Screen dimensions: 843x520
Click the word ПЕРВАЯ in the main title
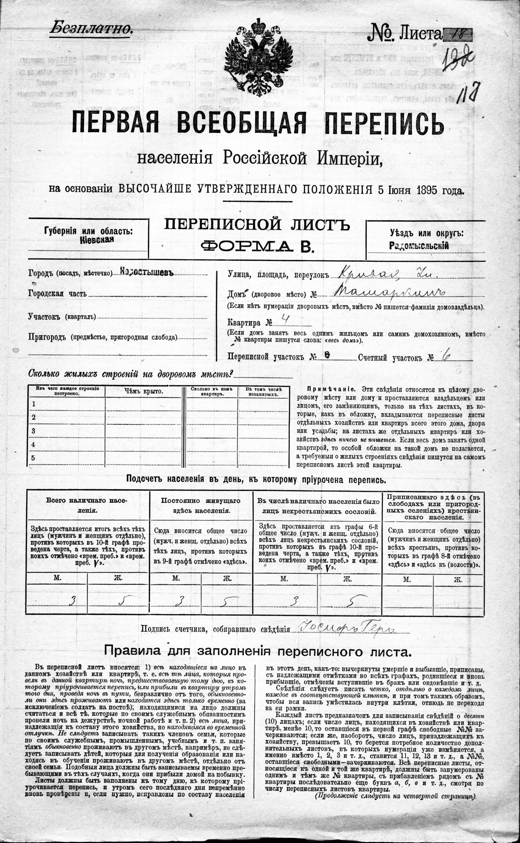[x=115, y=123]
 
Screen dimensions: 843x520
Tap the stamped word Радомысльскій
[x=419, y=246]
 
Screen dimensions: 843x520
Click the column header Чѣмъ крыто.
[x=143, y=391]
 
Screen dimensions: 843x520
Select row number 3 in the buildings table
[x=34, y=431]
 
